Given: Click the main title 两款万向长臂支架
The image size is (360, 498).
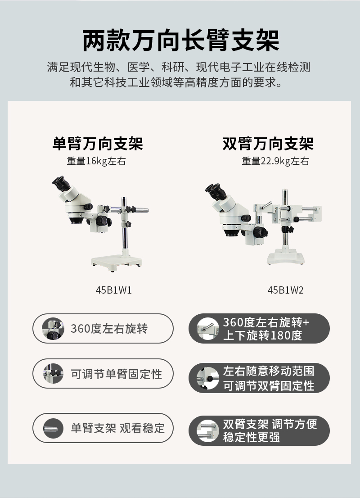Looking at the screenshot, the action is coord(180,41).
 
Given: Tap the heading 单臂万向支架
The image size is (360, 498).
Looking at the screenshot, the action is coord(98,144).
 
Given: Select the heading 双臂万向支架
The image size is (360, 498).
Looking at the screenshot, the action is coord(268,144).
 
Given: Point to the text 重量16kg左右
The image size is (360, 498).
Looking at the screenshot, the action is coord(96,161).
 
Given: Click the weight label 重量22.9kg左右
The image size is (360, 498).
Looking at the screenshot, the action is coord(275,161).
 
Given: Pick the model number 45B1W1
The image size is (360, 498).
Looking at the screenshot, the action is coord(114,290).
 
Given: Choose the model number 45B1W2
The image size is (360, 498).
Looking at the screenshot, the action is coord(285,290).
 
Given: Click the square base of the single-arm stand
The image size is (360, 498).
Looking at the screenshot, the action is coord(117,263).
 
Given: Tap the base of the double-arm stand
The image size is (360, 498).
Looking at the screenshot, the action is coord(285,257).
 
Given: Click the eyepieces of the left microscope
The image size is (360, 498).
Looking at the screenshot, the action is coord(61,183).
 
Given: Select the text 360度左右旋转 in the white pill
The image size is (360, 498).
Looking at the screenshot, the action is coord(109,329).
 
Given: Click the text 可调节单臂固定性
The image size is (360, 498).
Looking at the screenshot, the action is coord(116,374).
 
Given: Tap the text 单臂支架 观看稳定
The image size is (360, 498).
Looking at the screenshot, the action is coord(117,428).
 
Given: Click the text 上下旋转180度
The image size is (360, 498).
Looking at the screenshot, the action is coord(262,335).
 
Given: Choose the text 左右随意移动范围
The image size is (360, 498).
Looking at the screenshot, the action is coord(269,371).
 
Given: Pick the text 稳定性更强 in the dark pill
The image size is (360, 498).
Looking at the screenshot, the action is coord(251,437).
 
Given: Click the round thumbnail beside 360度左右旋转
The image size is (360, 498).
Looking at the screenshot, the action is coord(53,328).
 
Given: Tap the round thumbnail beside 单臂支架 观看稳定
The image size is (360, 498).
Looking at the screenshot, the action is coord(53,428).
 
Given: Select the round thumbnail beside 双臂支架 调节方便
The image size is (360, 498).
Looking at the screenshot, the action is coord(207,430).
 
